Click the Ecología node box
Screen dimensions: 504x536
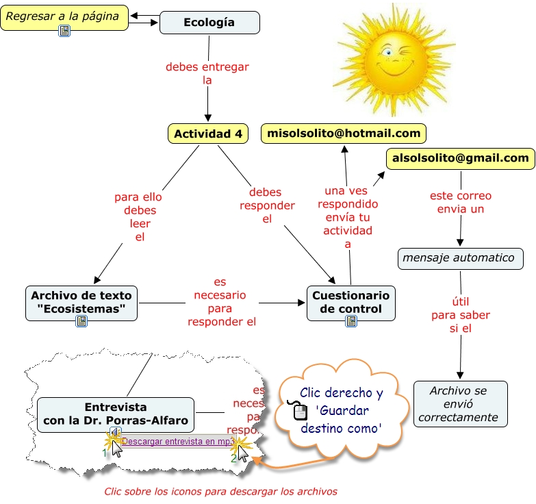click(x=209, y=23)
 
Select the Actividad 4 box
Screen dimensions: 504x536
click(x=208, y=134)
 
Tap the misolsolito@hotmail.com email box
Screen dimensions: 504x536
click(x=344, y=133)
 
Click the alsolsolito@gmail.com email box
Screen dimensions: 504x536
click(x=460, y=159)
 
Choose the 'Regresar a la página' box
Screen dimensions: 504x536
click(x=64, y=16)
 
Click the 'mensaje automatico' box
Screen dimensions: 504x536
click(x=460, y=258)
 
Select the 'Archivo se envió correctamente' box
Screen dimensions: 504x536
click(x=461, y=404)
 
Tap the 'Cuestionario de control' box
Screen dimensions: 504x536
click(x=350, y=302)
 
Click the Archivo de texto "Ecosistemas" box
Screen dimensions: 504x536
click(x=81, y=302)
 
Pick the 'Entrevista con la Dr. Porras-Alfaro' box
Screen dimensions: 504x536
click(x=115, y=414)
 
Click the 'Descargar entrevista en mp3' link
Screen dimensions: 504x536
click(x=177, y=442)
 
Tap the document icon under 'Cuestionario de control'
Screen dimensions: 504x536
click(x=351, y=320)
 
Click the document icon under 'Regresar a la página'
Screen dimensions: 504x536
click(x=64, y=32)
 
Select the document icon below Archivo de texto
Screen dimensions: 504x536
click(x=81, y=320)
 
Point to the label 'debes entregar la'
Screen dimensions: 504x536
click(x=207, y=73)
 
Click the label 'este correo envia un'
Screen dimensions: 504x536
click(x=460, y=202)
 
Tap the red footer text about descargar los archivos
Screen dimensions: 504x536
click(x=220, y=491)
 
